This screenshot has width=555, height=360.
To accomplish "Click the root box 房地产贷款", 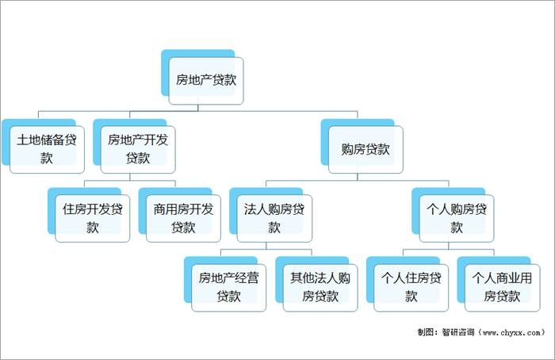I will click(206, 80).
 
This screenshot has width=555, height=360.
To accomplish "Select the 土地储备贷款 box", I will click(47, 148).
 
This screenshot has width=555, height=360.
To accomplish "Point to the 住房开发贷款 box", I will click(93, 217).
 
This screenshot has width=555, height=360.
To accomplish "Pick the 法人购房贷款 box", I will click(274, 217).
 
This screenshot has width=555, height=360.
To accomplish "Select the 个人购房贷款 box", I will click(457, 217).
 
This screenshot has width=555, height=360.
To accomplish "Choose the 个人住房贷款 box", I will click(411, 286).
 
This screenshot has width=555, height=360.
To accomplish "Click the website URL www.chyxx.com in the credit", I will click(511, 332).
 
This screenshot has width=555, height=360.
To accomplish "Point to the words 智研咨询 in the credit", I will click(457, 332).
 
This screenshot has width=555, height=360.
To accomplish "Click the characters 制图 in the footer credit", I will click(426, 332).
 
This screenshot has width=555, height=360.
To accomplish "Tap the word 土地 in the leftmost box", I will click(29, 140).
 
